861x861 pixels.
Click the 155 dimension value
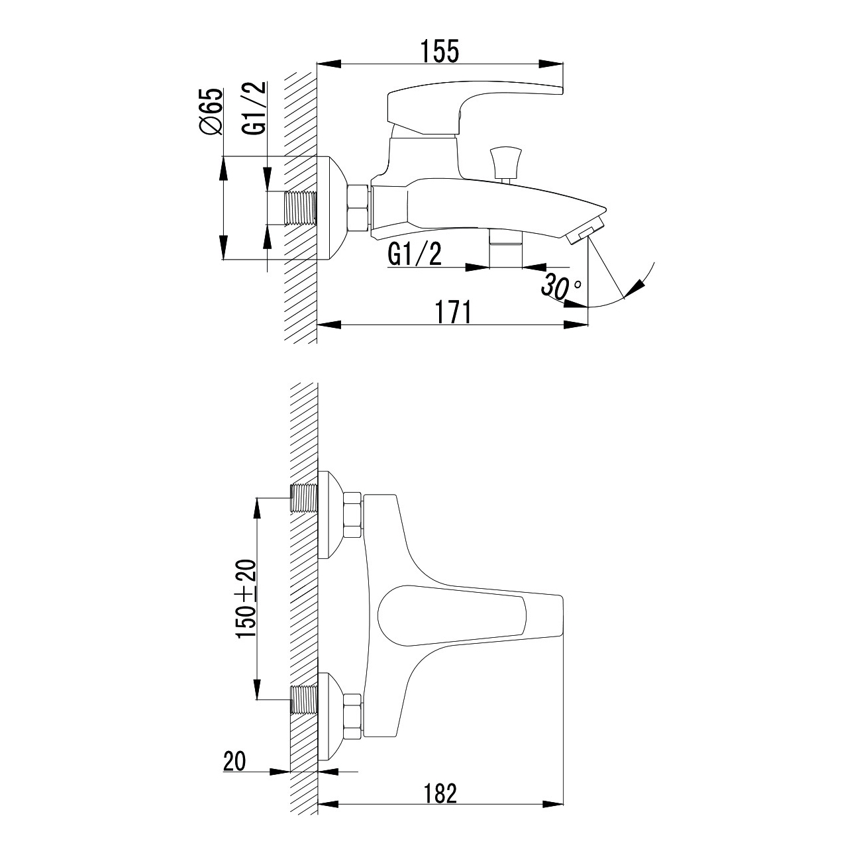tap(440, 52)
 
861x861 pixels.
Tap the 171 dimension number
tap(453, 313)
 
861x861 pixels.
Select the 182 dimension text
tap(440, 793)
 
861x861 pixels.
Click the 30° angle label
tap(562, 286)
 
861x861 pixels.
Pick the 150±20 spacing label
tap(246, 599)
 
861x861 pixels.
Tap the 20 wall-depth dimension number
tap(234, 762)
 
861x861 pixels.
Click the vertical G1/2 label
tap(255, 108)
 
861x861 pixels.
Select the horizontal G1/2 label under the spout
tap(415, 255)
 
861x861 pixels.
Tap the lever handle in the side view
tap(474, 107)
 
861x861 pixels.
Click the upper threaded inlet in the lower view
tap(304, 498)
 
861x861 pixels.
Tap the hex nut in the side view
tap(358, 208)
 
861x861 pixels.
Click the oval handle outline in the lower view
tap(452, 615)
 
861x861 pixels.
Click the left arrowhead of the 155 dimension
tap(329, 64)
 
